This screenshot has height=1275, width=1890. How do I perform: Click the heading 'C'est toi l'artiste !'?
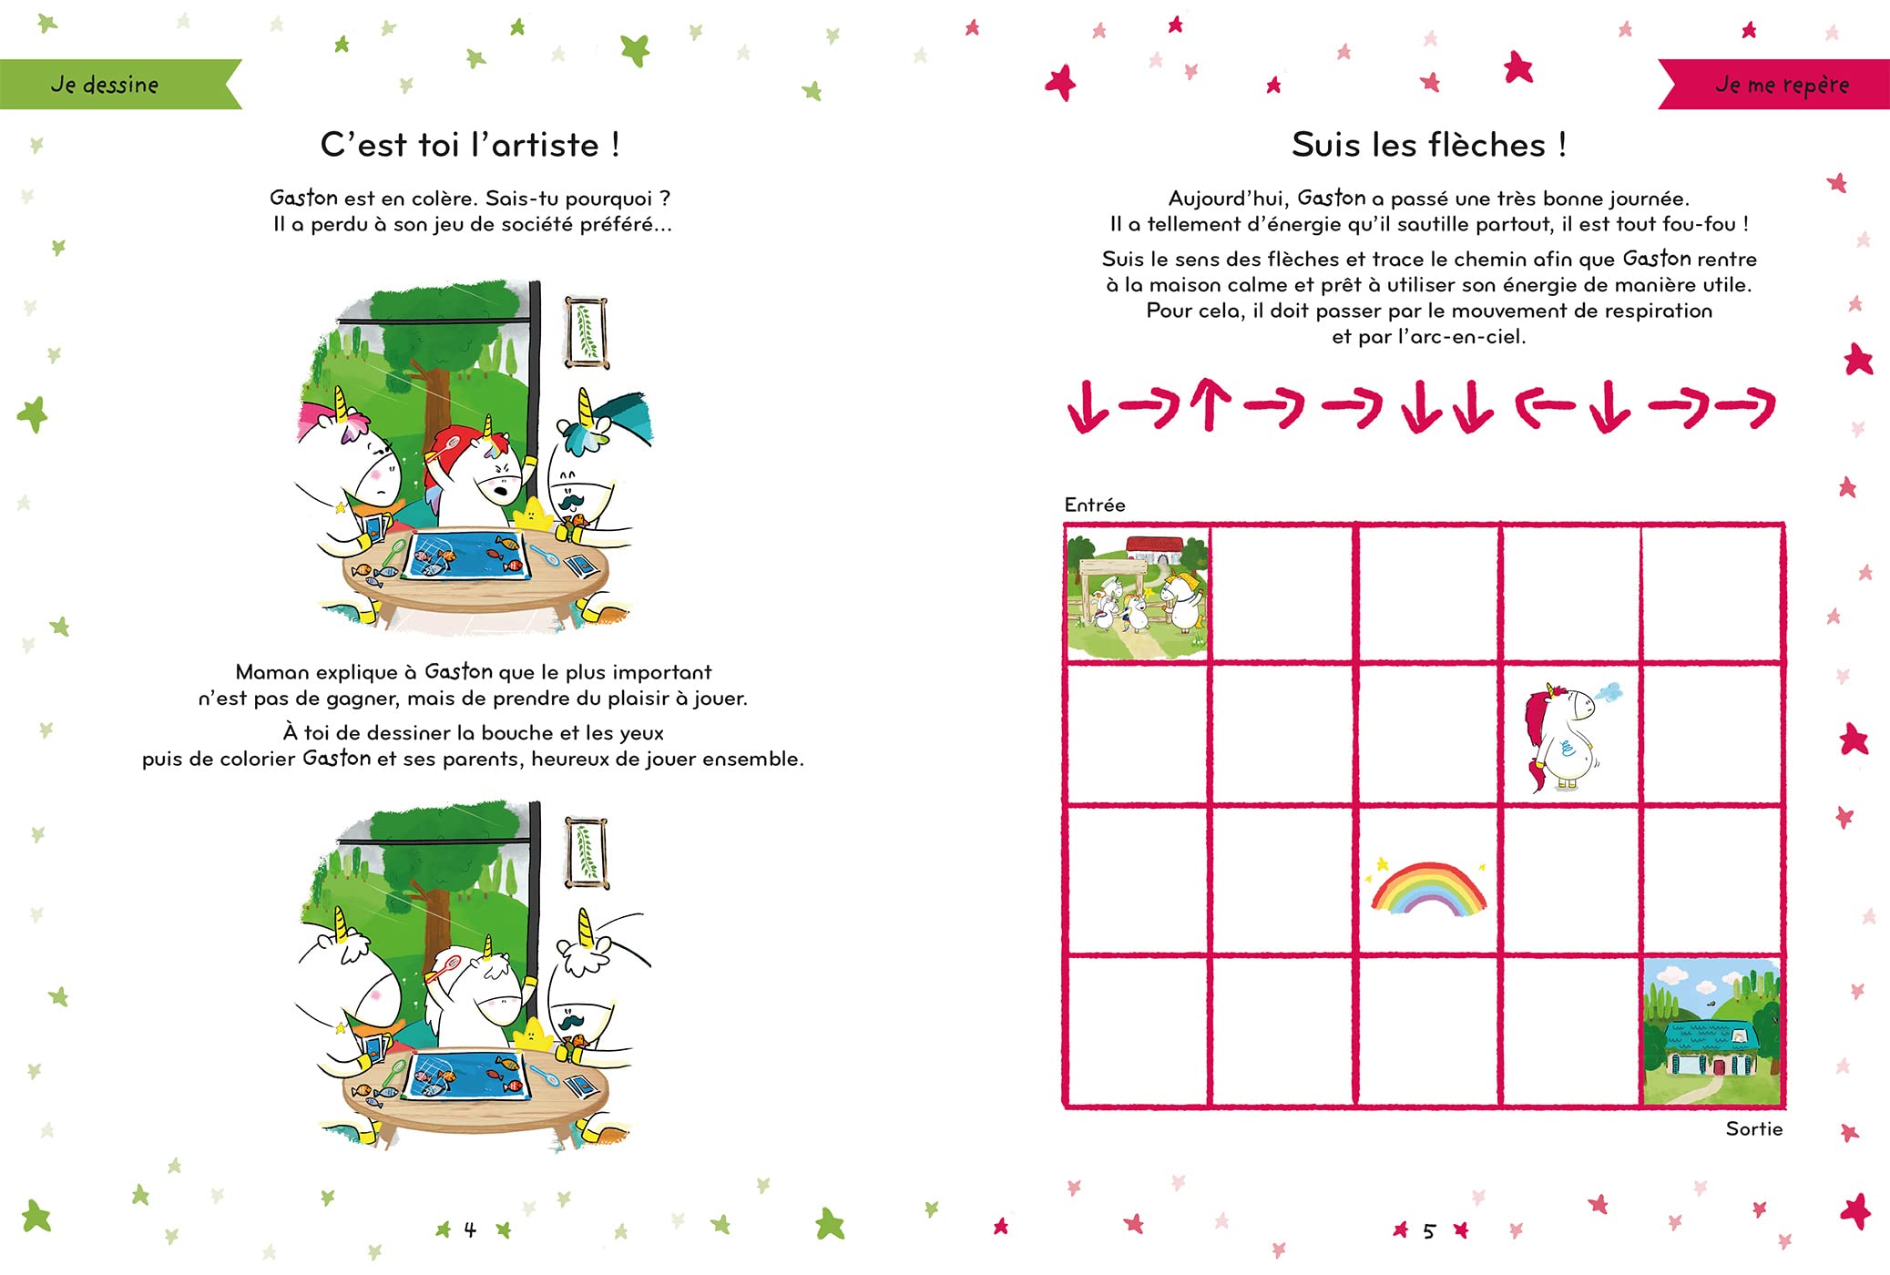(470, 145)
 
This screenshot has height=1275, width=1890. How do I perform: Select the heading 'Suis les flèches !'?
(1428, 145)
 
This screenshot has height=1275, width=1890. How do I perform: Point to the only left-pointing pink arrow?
(1545, 406)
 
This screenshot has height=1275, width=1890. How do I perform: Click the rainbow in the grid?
(1428, 887)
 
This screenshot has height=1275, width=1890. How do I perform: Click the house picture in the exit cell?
(1711, 1031)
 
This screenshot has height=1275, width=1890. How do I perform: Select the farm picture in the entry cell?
(1138, 595)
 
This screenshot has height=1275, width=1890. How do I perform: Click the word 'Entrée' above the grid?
(1095, 505)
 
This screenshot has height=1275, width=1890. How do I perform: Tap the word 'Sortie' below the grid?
(1754, 1129)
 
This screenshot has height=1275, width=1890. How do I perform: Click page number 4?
(470, 1230)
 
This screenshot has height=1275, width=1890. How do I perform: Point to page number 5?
(1429, 1231)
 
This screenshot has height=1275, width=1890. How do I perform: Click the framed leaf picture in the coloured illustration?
(586, 332)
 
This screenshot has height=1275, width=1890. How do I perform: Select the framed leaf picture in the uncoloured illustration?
(586, 853)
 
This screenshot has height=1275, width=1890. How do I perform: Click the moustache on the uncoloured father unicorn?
(571, 1020)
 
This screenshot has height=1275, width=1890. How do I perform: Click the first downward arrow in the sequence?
(1088, 406)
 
